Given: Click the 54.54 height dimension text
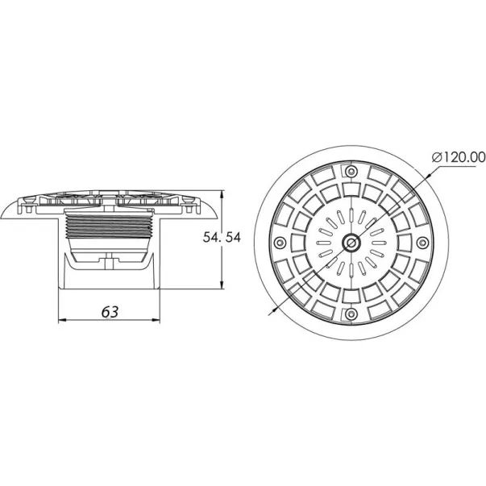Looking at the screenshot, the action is click(222, 238).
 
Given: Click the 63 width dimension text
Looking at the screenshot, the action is click(110, 311).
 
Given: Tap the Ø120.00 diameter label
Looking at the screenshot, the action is click(459, 157).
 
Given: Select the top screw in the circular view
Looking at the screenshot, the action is click(351, 171).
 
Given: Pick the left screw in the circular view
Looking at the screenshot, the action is click(280, 242).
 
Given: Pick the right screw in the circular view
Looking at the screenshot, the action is click(422, 242).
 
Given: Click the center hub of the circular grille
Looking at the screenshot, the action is click(351, 243).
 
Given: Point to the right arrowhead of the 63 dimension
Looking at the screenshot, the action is click(156, 320).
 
